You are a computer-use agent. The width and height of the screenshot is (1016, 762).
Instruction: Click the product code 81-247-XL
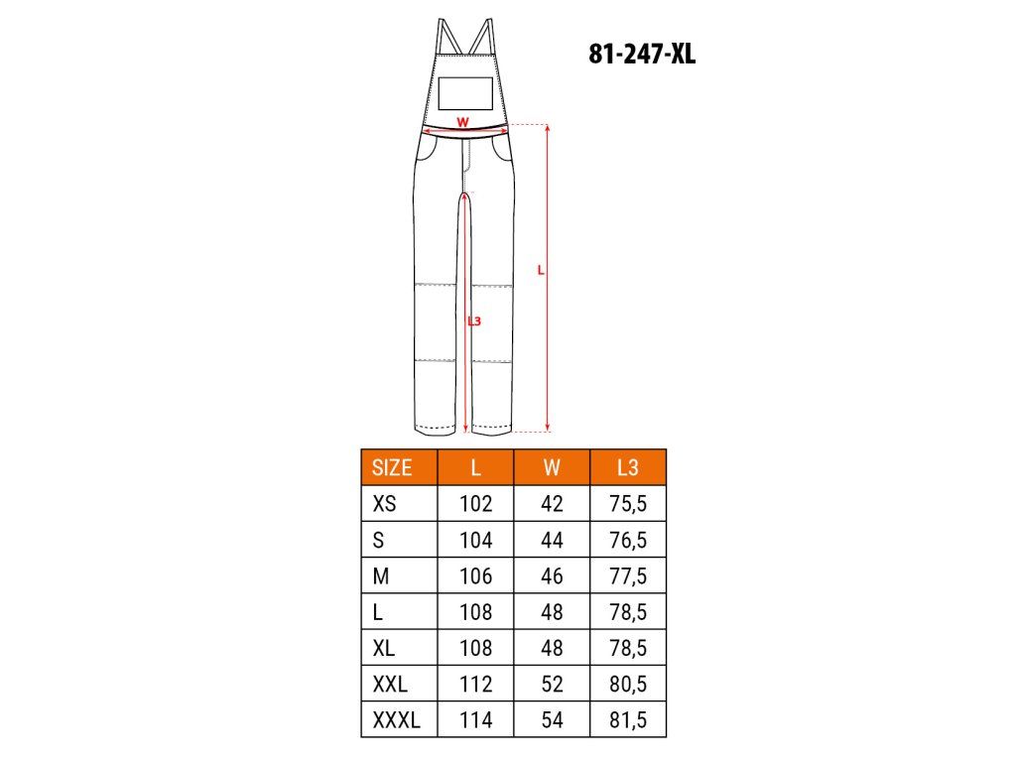[642, 54]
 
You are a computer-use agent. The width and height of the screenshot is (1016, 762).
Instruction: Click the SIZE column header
[391, 468]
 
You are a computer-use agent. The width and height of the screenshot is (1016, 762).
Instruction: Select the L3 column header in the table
[627, 468]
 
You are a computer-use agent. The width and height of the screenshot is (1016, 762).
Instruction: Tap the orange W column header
[552, 468]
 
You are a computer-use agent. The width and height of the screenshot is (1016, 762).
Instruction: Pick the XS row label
[384, 503]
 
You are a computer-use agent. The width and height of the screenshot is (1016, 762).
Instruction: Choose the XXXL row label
[396, 720]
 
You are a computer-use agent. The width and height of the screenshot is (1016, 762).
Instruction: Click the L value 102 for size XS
[475, 503]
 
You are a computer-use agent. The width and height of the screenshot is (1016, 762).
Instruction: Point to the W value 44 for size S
[552, 540]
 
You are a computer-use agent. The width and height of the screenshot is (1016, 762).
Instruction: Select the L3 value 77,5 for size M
[627, 576]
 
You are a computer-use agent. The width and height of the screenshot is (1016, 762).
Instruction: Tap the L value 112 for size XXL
[475, 684]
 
